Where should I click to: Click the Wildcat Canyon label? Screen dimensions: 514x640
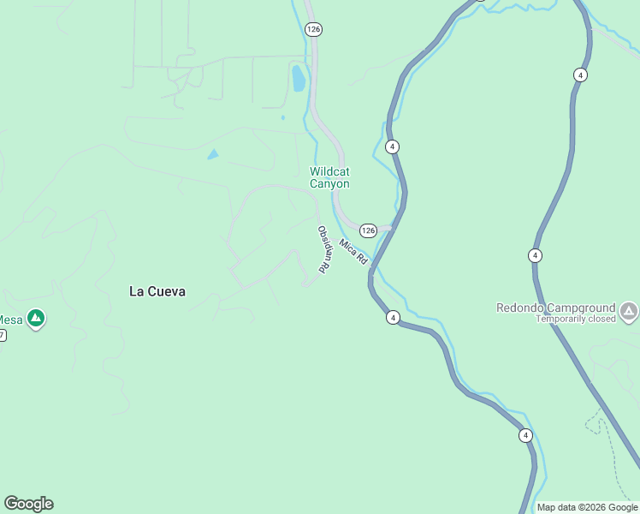pos(329,177)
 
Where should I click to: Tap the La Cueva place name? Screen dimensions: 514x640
pos(157,291)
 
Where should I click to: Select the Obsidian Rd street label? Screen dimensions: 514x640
pos(323,249)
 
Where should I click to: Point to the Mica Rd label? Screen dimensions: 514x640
pos(353,251)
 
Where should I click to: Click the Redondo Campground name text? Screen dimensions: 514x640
pos(556,308)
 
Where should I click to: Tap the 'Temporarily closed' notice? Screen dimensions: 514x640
pos(576,319)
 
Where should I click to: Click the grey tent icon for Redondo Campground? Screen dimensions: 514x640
pos(629,310)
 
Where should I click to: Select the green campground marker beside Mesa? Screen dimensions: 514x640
pos(35,320)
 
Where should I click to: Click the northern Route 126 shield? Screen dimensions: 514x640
pos(313,29)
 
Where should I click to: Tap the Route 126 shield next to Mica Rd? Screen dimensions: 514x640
pos(368,230)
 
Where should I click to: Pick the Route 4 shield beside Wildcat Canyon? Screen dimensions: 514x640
pos(392,146)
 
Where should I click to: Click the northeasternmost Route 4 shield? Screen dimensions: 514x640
pos(581,75)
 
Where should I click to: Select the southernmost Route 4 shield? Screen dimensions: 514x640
pos(525,436)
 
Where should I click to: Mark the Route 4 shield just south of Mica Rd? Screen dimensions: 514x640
pos(392,318)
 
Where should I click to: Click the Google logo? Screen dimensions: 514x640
pos(28,504)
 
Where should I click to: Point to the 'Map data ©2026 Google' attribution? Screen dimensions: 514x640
pos(588,507)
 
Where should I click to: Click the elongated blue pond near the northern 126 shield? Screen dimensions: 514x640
pos(298,78)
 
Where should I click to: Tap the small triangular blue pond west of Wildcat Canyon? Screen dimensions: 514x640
pos(212,154)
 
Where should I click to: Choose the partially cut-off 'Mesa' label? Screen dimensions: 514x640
pos(10,320)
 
